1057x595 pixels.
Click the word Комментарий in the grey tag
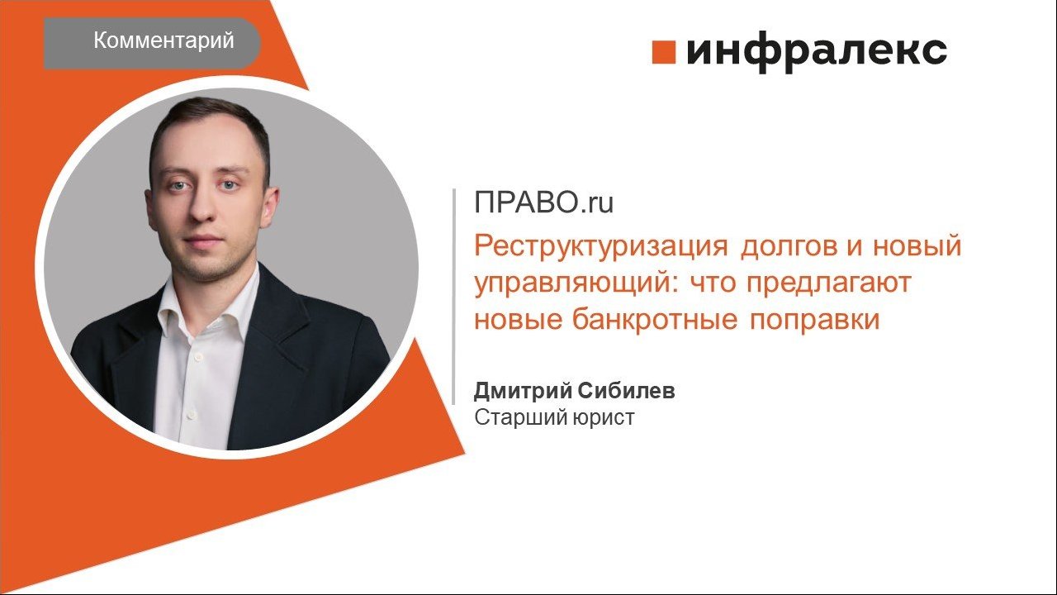click(x=164, y=40)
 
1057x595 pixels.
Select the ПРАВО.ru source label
click(x=543, y=202)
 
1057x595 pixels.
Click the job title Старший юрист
click(x=554, y=417)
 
